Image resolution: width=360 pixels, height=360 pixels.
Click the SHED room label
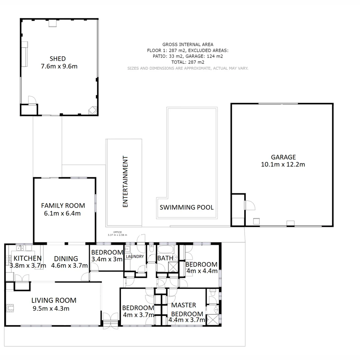pyautogui.click(x=58, y=59)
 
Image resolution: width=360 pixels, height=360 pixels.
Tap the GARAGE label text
pyautogui.click(x=283, y=157)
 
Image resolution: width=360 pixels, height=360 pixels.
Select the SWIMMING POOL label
pyautogui.click(x=187, y=207)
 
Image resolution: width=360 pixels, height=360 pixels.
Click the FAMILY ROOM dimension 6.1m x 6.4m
pyautogui.click(x=63, y=213)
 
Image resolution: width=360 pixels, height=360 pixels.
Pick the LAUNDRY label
pyautogui.click(x=135, y=256)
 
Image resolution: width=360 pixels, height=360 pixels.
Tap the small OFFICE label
pyautogui.click(x=117, y=232)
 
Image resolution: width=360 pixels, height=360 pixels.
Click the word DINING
pyautogui.click(x=66, y=258)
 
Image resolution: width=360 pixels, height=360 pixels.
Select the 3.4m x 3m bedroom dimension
pyautogui.click(x=107, y=259)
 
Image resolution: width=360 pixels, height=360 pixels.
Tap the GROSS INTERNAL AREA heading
pyautogui.click(x=188, y=44)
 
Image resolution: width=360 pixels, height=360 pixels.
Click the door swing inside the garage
pyautogui.click(x=250, y=205)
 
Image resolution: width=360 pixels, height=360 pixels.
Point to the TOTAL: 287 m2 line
pyautogui.click(x=188, y=62)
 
